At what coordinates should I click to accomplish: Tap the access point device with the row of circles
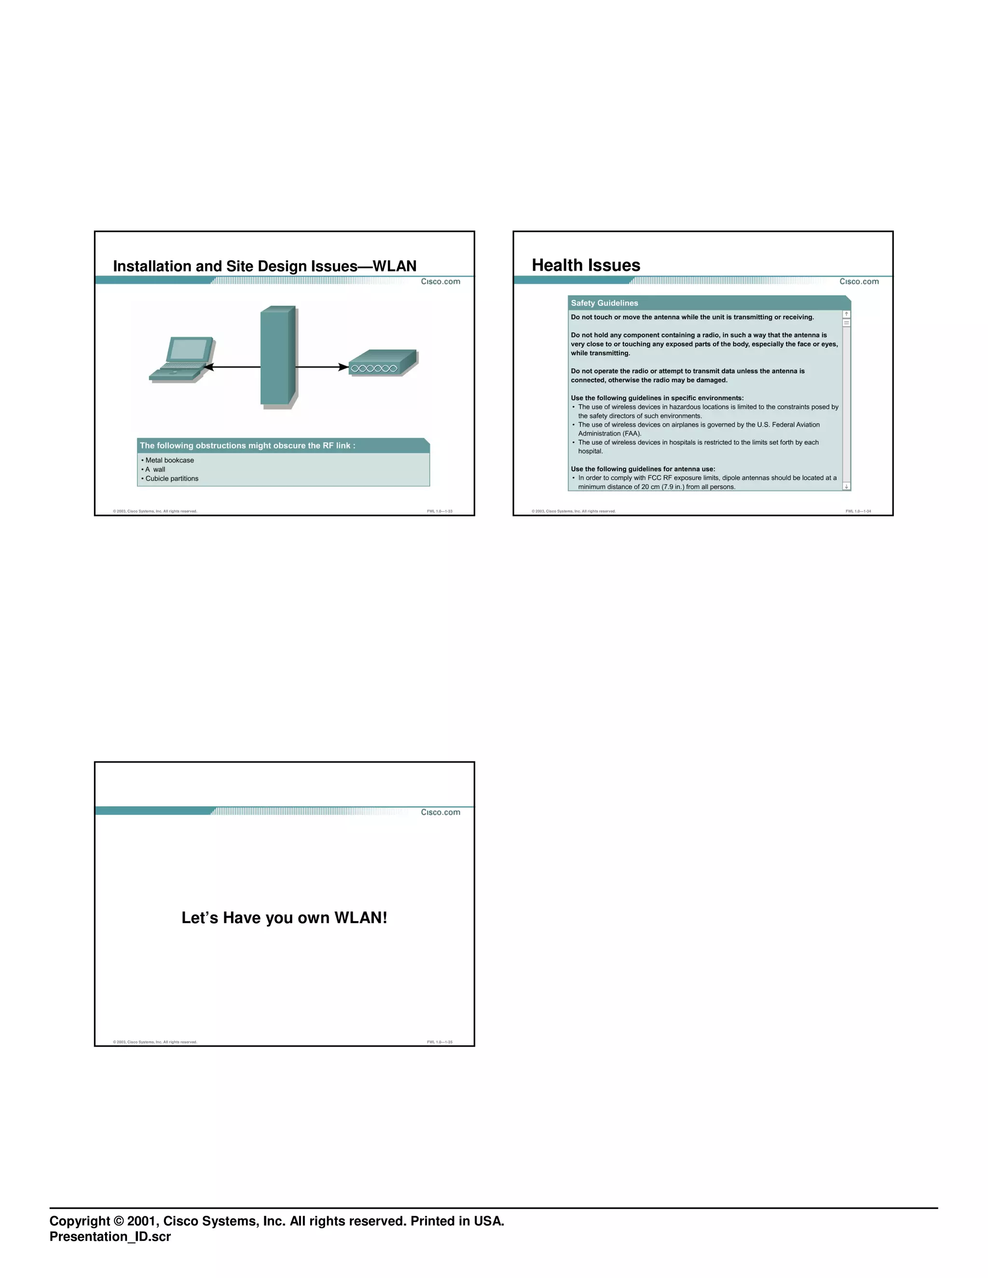click(383, 363)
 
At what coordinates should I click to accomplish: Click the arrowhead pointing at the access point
click(343, 367)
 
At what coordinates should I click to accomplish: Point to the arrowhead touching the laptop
click(208, 367)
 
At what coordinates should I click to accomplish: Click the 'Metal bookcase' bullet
click(169, 461)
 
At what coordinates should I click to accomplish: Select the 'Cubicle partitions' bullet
click(171, 479)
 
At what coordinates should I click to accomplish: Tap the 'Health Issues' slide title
click(585, 265)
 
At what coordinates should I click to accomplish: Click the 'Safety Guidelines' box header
click(604, 303)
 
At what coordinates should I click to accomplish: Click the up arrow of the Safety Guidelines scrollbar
click(846, 314)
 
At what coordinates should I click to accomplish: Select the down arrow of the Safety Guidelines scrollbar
click(846, 486)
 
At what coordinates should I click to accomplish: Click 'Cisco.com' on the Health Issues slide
click(859, 282)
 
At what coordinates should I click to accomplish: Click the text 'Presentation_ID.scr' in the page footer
click(110, 1237)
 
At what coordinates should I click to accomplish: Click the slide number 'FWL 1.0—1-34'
click(858, 511)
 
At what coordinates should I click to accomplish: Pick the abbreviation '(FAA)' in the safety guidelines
click(631, 434)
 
